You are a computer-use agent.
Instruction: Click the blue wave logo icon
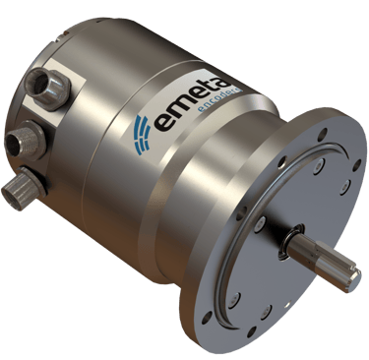pyautogui.click(x=142, y=135)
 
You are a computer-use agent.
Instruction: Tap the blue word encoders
pyautogui.click(x=218, y=100)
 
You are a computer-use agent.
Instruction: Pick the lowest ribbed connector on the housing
pyautogui.click(x=24, y=188)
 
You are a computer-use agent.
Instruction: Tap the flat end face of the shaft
pyautogui.click(x=354, y=279)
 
